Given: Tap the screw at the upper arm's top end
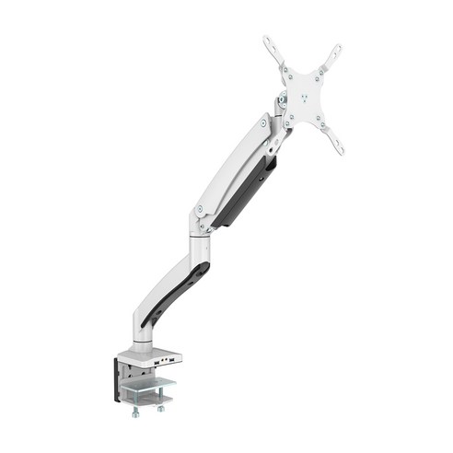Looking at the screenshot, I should pos(263,122).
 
